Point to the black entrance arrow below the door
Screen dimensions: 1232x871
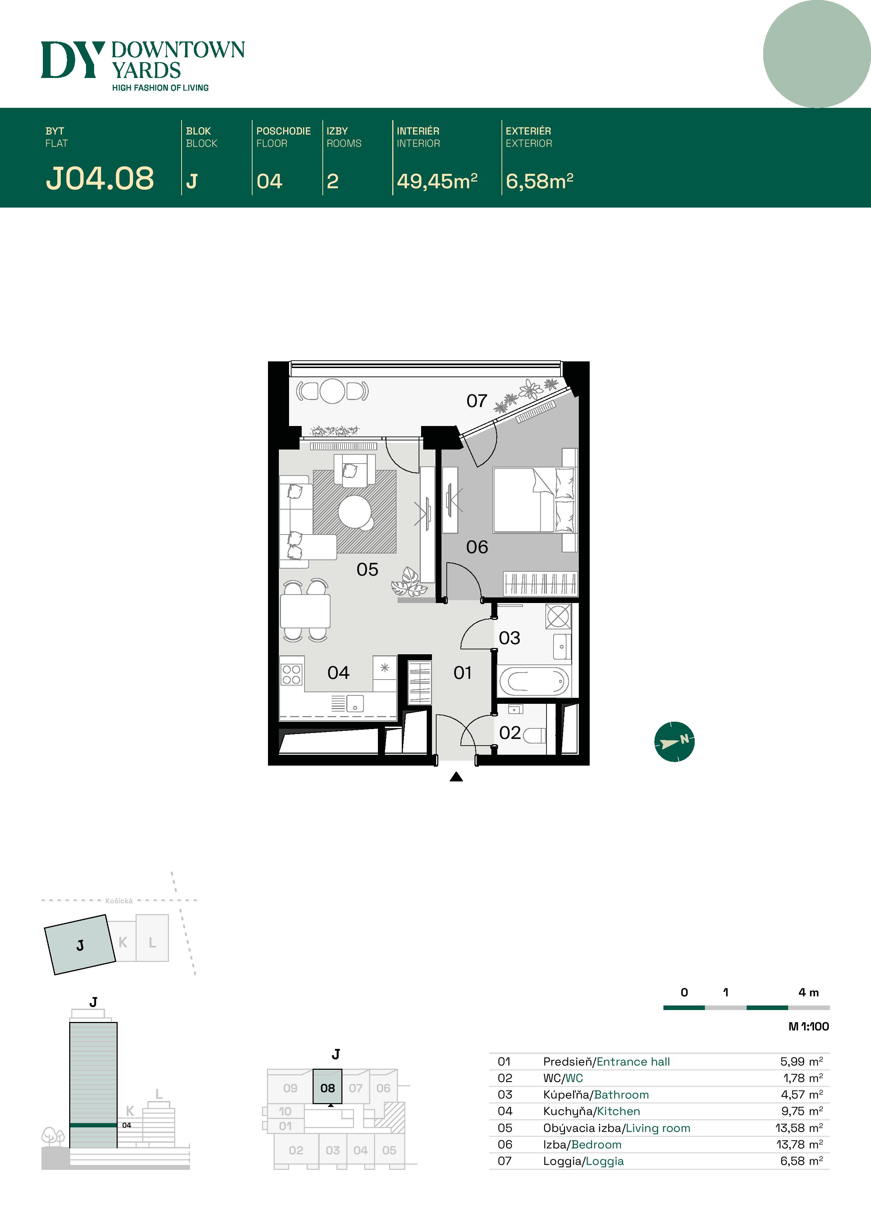coord(456,776)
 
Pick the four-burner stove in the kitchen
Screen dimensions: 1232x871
coord(292,675)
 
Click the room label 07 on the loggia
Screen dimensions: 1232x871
coord(477,401)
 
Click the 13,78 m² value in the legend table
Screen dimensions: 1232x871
coord(799,1145)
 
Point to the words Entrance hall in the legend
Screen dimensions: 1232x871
coord(633,1061)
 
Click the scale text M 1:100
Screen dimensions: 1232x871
coord(808,1027)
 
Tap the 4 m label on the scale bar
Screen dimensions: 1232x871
coord(808,992)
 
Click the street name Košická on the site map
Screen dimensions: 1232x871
coord(119,901)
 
